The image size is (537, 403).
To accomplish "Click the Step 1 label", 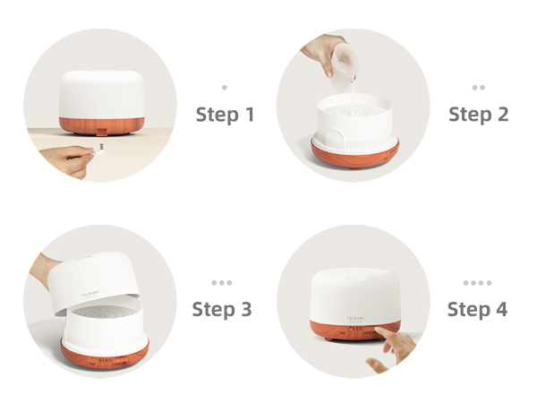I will (x=225, y=115).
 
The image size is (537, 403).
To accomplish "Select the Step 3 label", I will (x=222, y=310).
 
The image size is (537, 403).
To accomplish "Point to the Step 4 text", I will (x=477, y=310).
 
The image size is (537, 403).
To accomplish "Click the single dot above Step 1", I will (x=224, y=88).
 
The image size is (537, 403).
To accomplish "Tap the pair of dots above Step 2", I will (x=478, y=88).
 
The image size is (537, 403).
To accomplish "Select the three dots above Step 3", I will (x=222, y=283).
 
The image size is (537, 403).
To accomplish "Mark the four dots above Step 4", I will (x=477, y=283).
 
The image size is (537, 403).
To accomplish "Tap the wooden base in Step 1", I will (x=100, y=124).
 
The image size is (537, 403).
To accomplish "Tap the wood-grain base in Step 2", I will (x=354, y=153).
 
